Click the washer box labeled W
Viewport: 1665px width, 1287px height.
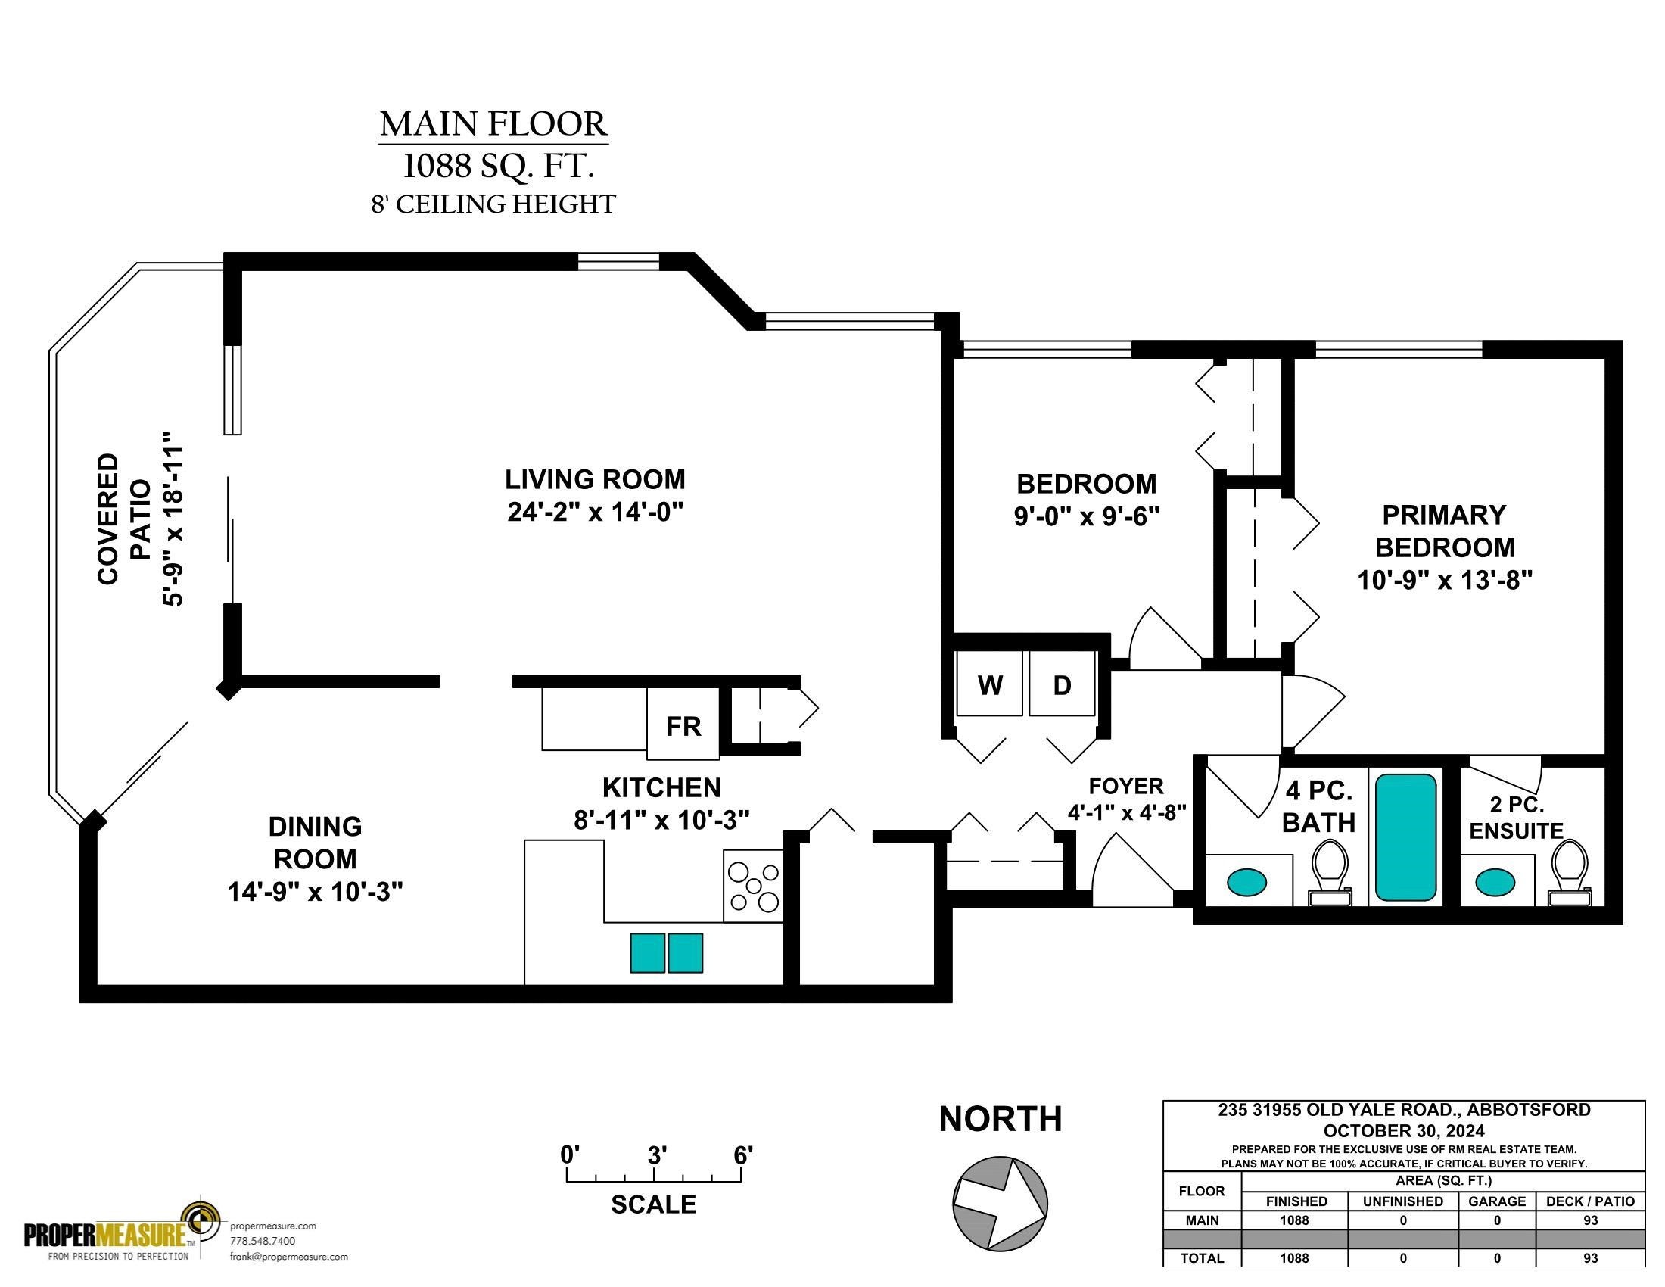[x=990, y=683]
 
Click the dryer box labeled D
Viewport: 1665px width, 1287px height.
[x=1062, y=683]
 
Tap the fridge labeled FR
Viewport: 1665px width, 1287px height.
[x=683, y=725]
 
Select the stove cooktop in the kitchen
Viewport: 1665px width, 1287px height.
[x=753, y=886]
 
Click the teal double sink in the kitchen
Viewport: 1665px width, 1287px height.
[x=666, y=953]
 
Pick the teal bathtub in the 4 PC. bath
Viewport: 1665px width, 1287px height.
[x=1406, y=837]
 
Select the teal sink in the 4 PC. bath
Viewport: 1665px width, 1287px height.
[x=1246, y=882]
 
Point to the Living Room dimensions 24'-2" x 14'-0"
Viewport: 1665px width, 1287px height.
[x=595, y=512]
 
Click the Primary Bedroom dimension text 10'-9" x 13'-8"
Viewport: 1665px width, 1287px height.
[x=1445, y=580]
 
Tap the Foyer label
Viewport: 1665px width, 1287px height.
[x=1126, y=786]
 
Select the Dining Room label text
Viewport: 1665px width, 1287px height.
[x=315, y=843]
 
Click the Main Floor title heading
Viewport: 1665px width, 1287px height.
[x=493, y=123]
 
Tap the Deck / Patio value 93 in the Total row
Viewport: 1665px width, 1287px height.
[x=1590, y=1258]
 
